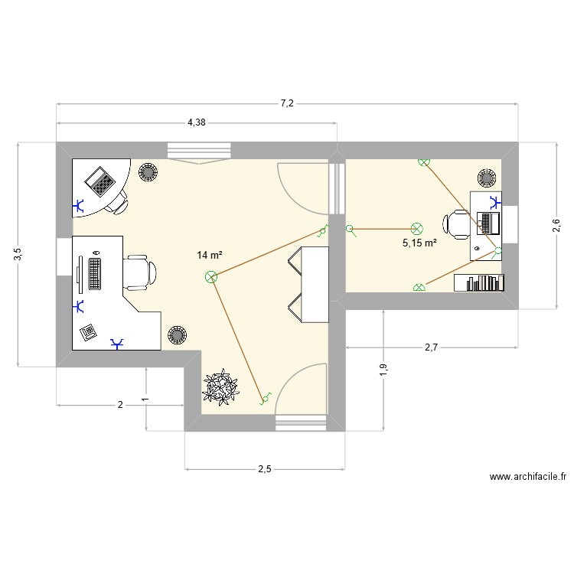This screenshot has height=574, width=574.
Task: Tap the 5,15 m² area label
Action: (419, 243)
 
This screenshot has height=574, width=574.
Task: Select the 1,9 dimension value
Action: (383, 370)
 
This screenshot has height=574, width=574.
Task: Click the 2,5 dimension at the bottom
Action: (263, 469)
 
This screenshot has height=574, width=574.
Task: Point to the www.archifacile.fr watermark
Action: (527, 477)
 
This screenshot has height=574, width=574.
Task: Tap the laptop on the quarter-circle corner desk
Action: (99, 181)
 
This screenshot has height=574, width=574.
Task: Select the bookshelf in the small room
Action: (480, 282)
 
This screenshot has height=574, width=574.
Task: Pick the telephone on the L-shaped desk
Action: (89, 331)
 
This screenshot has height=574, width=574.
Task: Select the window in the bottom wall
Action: (299, 422)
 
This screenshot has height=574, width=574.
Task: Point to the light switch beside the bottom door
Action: (266, 397)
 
